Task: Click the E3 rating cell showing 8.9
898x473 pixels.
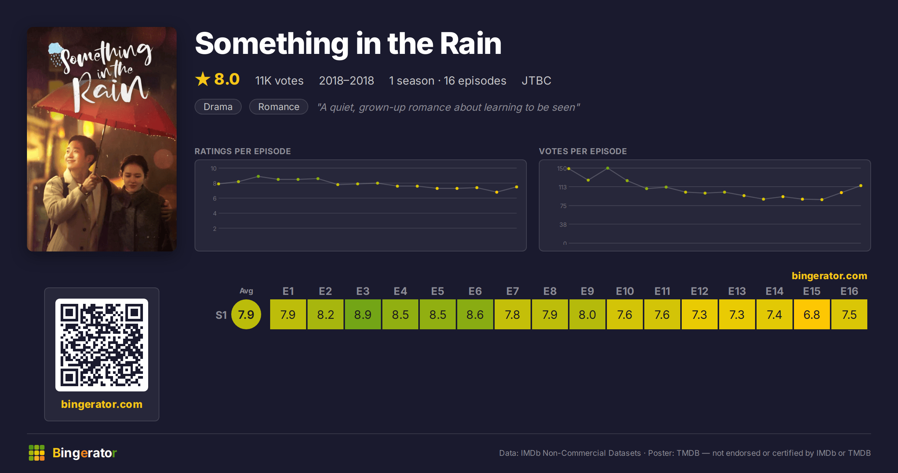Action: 363,314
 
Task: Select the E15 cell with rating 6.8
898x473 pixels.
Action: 812,314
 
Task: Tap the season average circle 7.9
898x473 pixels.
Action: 246,314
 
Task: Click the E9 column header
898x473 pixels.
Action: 587,291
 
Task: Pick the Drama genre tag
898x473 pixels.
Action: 218,107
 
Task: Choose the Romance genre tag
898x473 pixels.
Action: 279,107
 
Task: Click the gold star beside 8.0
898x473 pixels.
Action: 203,79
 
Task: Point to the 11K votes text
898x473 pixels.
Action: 280,80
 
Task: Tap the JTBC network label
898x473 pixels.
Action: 537,80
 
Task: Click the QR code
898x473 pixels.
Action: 102,345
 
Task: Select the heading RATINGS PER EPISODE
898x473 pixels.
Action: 243,151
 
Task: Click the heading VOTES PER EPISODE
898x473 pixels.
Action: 583,151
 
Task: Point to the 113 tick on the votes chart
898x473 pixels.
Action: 563,187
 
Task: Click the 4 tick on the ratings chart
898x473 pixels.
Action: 215,213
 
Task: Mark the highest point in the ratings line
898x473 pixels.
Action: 258,176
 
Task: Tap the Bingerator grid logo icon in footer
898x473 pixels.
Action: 37,453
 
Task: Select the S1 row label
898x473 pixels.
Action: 221,315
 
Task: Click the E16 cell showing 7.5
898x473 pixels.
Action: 849,314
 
